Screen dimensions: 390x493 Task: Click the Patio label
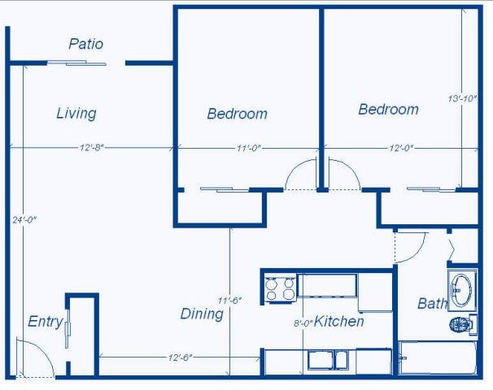click(85, 44)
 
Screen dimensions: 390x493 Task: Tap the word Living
click(76, 114)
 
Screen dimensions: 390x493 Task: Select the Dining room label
click(201, 314)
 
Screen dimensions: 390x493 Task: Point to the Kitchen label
click(339, 322)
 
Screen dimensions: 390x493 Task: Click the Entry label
click(45, 322)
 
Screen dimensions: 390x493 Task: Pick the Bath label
click(432, 304)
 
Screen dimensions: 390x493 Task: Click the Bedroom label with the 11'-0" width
click(237, 114)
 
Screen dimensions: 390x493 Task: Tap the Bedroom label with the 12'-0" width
click(388, 110)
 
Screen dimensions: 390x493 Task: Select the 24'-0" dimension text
click(24, 219)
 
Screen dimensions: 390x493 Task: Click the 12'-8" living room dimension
click(91, 148)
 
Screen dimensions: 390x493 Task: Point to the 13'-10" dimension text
click(460, 99)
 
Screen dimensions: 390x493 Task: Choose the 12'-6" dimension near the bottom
click(181, 357)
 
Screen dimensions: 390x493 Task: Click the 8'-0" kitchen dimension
click(303, 323)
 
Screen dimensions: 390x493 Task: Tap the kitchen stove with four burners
click(281, 288)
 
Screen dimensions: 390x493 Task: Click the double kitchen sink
click(329, 359)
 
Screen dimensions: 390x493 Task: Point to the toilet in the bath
click(461, 324)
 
